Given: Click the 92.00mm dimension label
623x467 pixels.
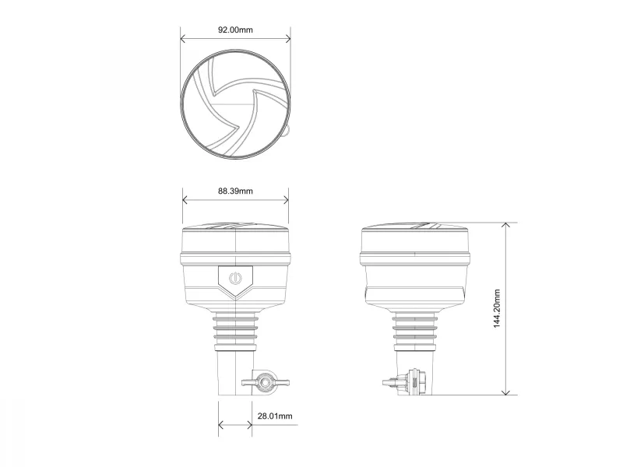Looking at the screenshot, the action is (235, 30).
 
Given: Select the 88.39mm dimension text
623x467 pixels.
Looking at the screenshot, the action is (235, 191).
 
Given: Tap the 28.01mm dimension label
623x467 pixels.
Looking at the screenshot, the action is (275, 416).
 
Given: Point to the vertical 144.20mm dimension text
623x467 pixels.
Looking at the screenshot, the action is (497, 308).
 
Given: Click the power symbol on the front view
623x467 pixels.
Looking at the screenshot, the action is (235, 278).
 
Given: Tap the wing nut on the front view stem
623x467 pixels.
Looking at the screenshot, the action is (265, 383).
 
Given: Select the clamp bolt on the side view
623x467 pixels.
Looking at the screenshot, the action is (405, 382).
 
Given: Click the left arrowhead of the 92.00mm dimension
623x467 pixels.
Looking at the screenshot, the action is (183, 38).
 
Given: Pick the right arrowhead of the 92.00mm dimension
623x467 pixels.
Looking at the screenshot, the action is (287, 38).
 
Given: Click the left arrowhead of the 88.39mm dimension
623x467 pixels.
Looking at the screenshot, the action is (185, 200).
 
